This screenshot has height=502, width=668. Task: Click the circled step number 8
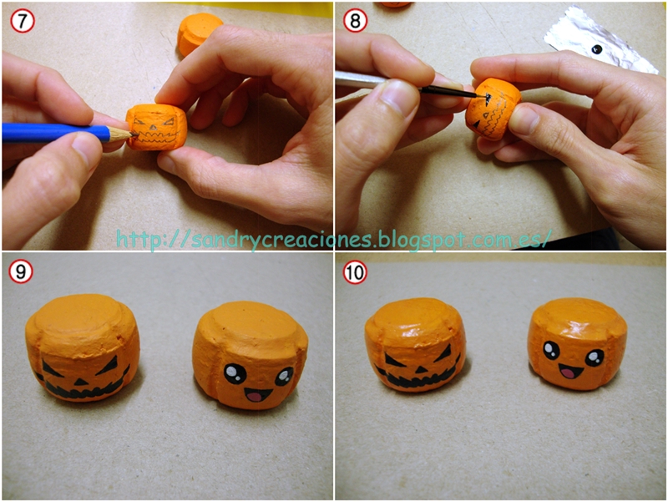pos(354,20)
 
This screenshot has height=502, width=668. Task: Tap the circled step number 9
pos(20,271)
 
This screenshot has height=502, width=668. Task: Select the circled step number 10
pos(354,271)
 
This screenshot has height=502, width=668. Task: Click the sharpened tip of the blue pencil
pos(134,134)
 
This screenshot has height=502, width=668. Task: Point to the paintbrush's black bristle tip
pos(481,96)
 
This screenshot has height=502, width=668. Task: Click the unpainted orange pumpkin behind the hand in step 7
pos(197,33)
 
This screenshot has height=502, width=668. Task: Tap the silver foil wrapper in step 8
pos(600,40)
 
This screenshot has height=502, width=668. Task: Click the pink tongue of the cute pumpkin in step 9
pos(256,396)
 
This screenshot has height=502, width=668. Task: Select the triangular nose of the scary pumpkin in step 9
pos(79,381)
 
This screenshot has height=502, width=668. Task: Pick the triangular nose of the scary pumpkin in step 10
pos(421,370)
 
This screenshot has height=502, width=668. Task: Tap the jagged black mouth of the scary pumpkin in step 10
pos(419,378)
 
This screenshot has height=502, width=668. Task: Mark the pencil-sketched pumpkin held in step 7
pos(156,127)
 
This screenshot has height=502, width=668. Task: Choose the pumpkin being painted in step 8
pos(493,109)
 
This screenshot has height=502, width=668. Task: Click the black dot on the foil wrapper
pos(598,50)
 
